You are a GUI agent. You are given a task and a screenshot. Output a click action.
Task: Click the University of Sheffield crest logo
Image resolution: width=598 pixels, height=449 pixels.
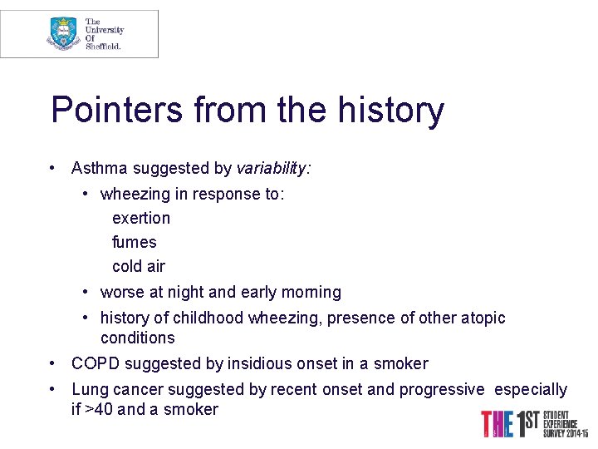(x=63, y=33)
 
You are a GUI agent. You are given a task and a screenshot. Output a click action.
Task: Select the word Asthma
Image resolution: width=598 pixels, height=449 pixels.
(x=99, y=168)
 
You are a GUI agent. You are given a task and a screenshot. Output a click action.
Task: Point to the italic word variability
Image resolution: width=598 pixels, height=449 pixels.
(x=272, y=168)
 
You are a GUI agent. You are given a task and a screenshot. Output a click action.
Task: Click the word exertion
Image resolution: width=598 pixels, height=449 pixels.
(x=141, y=218)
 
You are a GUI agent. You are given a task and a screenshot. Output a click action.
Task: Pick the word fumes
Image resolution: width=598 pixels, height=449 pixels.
(x=135, y=242)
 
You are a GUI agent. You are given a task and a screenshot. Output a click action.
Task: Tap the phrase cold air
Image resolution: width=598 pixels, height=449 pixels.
(x=139, y=266)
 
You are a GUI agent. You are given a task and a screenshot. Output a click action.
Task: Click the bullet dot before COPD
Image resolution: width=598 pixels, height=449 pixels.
(x=53, y=363)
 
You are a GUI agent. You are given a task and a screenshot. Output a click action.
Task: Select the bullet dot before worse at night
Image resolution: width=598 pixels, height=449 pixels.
(x=86, y=292)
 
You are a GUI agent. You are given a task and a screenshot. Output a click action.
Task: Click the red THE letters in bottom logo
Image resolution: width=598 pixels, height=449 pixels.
(x=497, y=424)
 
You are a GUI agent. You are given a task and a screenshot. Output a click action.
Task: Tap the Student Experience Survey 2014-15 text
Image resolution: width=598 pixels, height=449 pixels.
(x=565, y=424)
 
